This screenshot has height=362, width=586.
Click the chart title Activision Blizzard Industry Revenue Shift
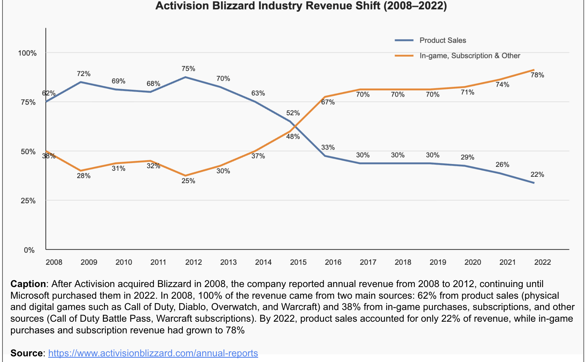pyautogui.click(x=301, y=6)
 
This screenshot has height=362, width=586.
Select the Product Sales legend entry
pyautogui.click(x=442, y=40)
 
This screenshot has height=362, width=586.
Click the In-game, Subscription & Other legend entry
pyautogui.click(x=469, y=56)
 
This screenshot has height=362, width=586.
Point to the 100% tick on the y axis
pyautogui.click(x=27, y=53)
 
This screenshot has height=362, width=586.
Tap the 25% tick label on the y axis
pyautogui.click(x=28, y=201)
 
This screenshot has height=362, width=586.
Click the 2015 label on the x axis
pyautogui.click(x=298, y=262)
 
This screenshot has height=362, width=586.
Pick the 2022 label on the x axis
pyautogui.click(x=542, y=262)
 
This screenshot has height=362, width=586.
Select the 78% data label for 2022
pyautogui.click(x=537, y=75)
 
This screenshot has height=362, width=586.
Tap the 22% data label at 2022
pyautogui.click(x=537, y=174)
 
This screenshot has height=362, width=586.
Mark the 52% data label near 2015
pyautogui.click(x=293, y=113)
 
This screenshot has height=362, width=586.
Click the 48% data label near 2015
pyautogui.click(x=293, y=136)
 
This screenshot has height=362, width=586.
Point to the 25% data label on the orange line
pyautogui.click(x=188, y=181)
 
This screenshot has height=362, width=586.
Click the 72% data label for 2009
pyautogui.click(x=84, y=74)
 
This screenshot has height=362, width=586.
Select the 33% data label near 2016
pyautogui.click(x=328, y=147)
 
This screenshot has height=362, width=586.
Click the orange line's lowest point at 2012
pyautogui.click(x=186, y=175)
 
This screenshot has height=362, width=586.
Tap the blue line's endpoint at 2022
pyautogui.click(x=534, y=183)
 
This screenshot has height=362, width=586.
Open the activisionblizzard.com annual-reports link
pyautogui.click(x=153, y=353)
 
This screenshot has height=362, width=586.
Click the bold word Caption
pyautogui.click(x=28, y=284)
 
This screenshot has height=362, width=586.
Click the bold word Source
pyautogui.click(x=27, y=353)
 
